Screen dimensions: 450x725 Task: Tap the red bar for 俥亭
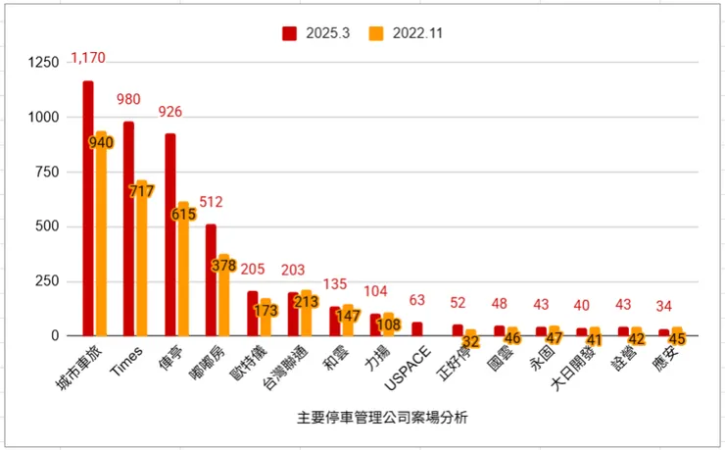pos(170,234)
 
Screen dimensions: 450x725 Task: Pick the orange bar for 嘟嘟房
pos(223,294)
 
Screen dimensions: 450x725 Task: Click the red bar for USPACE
pos(417,328)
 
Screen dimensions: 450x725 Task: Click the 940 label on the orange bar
pos(101,142)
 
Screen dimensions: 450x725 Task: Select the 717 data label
pos(141,191)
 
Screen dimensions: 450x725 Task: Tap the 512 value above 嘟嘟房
pos(211,202)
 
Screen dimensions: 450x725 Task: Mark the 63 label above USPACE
pos(417,300)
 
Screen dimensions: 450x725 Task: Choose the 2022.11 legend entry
pos(403,33)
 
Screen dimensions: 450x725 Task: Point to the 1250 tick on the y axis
pos(43,63)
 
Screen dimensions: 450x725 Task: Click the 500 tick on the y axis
pos(47,226)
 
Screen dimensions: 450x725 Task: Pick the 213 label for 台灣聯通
pos(306,301)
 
